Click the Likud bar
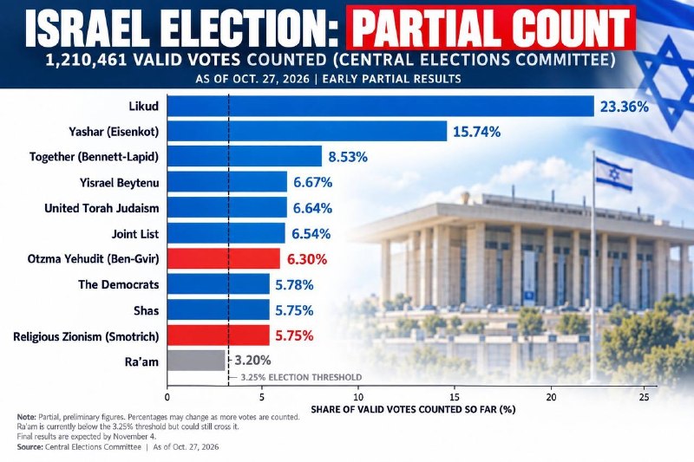point(381,106)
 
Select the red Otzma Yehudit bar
point(224,258)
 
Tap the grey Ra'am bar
point(196,361)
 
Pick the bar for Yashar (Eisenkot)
point(307,131)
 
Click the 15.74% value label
point(476,132)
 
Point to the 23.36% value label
point(624,107)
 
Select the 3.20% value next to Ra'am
point(252,361)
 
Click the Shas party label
point(146,311)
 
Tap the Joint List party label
point(135,234)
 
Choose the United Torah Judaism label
point(101,208)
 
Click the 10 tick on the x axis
point(358,397)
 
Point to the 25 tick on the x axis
point(644,397)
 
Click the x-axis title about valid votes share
point(414,409)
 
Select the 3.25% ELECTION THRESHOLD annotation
point(301,378)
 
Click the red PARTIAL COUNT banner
point(491,28)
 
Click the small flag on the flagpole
point(613,173)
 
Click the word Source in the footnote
point(29,447)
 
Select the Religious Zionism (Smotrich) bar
point(219,335)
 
